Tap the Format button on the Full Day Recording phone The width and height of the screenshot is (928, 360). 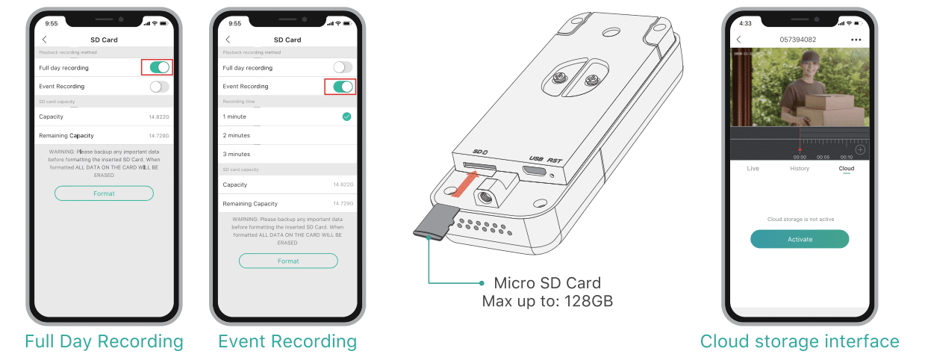click(x=104, y=193)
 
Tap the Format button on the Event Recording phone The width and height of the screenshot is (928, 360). click(x=288, y=261)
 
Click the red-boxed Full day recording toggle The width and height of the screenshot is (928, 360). click(x=159, y=68)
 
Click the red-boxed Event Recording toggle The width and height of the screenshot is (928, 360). click(x=343, y=87)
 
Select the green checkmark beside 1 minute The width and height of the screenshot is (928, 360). click(x=346, y=117)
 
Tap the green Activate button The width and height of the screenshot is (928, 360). click(x=800, y=239)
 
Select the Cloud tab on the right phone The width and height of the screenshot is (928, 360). click(x=846, y=169)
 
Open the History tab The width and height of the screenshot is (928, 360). click(x=800, y=169)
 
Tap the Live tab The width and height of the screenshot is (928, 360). click(x=753, y=169)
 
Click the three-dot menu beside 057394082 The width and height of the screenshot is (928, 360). click(x=856, y=40)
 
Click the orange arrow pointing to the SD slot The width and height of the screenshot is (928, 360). click(x=467, y=181)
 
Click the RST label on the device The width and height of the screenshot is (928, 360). click(x=554, y=159)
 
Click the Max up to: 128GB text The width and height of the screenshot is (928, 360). click(x=547, y=300)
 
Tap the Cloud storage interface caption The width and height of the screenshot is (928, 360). click(x=800, y=341)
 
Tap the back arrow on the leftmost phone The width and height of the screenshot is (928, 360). click(x=44, y=40)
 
